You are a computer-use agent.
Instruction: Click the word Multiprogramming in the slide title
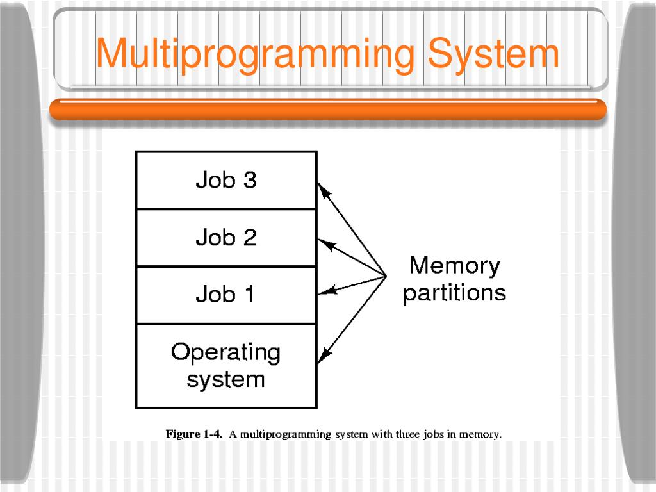[x=256, y=54]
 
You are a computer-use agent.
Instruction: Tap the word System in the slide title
[x=493, y=54]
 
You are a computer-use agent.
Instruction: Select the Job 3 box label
[x=225, y=180]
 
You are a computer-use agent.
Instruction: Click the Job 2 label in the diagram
[x=225, y=238]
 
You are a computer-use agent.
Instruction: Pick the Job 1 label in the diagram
[x=225, y=295]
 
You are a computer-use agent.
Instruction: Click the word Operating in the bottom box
[x=225, y=352]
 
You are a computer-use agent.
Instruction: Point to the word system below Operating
[x=225, y=379]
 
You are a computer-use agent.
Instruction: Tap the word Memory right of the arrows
[x=454, y=265]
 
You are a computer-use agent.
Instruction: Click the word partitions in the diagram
[x=454, y=293]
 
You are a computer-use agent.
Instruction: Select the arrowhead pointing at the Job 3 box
[x=324, y=189]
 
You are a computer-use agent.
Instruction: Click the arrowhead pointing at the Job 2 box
[x=325, y=244]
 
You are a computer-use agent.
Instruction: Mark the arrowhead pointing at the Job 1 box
[x=325, y=291]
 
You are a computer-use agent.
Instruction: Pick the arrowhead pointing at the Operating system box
[x=324, y=355]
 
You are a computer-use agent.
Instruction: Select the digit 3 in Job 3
[x=249, y=180]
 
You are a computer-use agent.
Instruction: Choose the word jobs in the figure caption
[x=434, y=434]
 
